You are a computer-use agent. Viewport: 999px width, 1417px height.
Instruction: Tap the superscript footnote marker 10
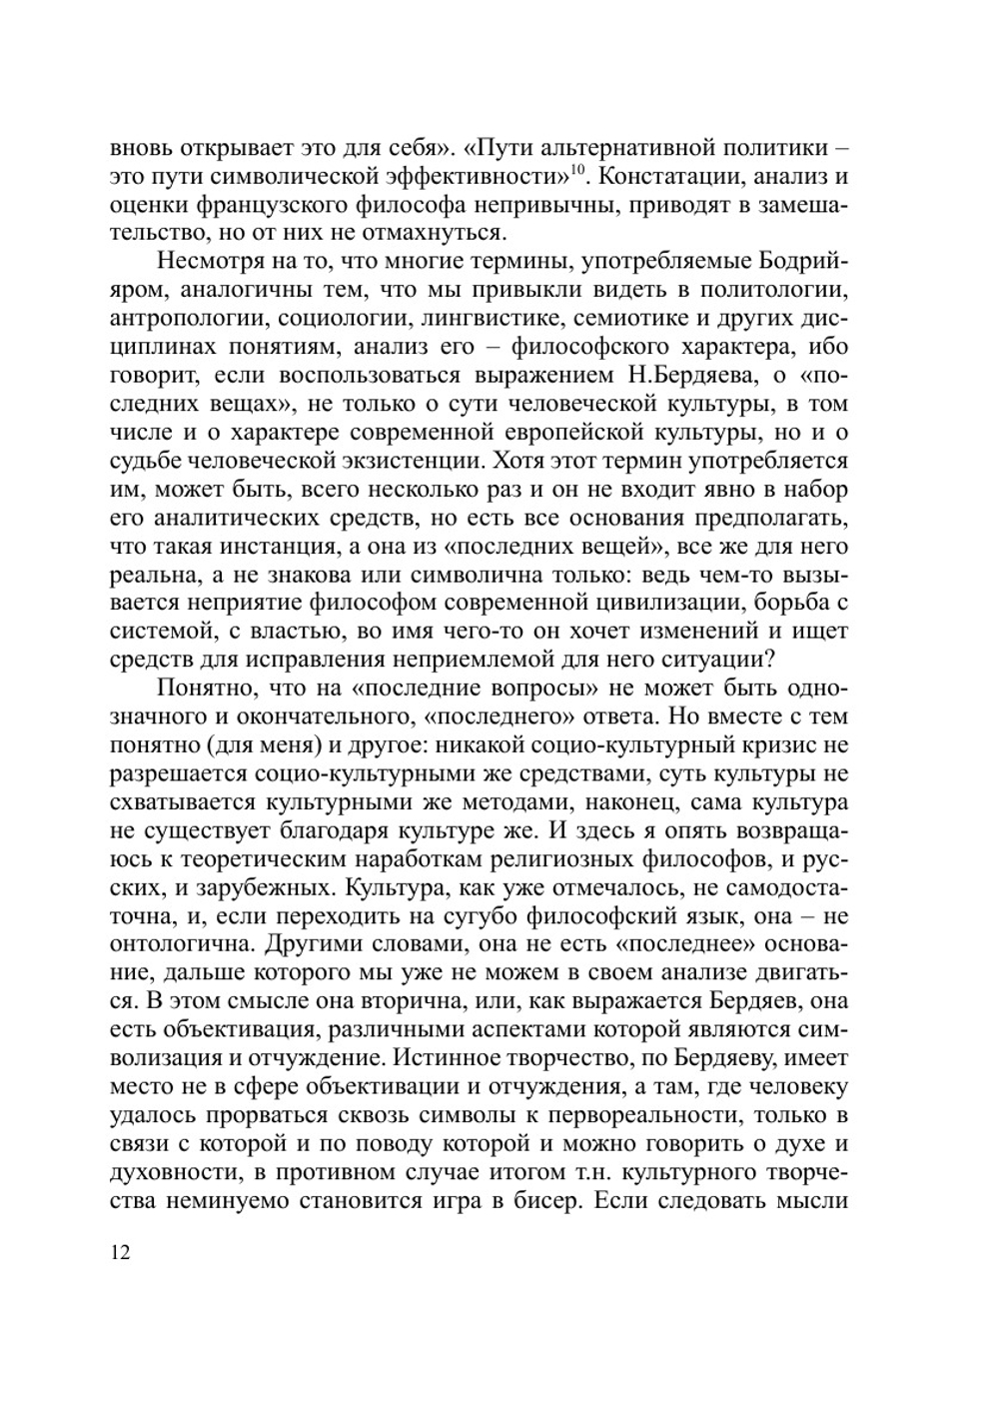pos(576,169)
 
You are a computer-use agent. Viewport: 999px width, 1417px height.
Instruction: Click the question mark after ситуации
pos(764,661)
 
